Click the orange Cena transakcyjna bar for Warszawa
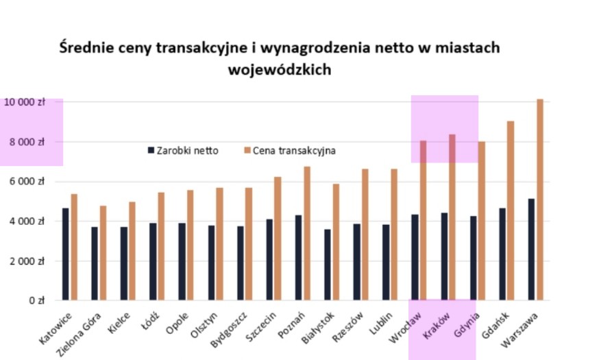point(540,200)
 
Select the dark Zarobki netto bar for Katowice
point(65,254)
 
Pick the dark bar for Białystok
point(328,265)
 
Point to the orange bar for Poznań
point(307,233)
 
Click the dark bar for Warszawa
point(531,250)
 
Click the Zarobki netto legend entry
point(182,150)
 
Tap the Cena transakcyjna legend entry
point(289,150)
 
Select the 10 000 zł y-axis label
point(23,102)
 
